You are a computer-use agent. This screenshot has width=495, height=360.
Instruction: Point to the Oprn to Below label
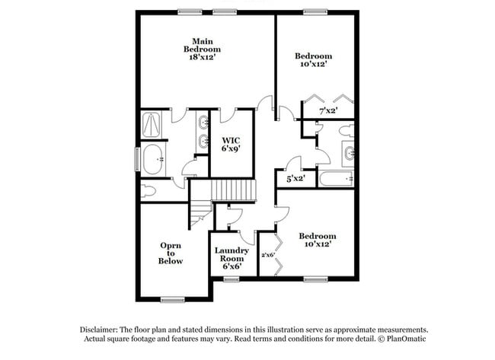pos(171,253)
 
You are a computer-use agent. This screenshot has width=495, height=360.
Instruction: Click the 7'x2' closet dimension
pos(328,111)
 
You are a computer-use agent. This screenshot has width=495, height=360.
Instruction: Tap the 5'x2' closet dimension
pos(295,179)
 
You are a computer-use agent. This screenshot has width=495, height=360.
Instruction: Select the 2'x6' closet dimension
pos(267,255)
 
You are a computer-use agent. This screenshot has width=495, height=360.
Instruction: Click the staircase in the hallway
pos(232,190)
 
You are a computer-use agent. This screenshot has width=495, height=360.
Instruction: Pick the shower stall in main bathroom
pos(152,123)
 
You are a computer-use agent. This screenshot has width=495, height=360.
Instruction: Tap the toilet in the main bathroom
pos(149,190)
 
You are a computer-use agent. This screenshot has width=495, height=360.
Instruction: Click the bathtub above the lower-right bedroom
pos(336,180)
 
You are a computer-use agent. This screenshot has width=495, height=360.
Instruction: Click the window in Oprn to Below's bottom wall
pos(172,299)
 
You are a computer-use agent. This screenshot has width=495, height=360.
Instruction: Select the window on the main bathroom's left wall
pos(137,159)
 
